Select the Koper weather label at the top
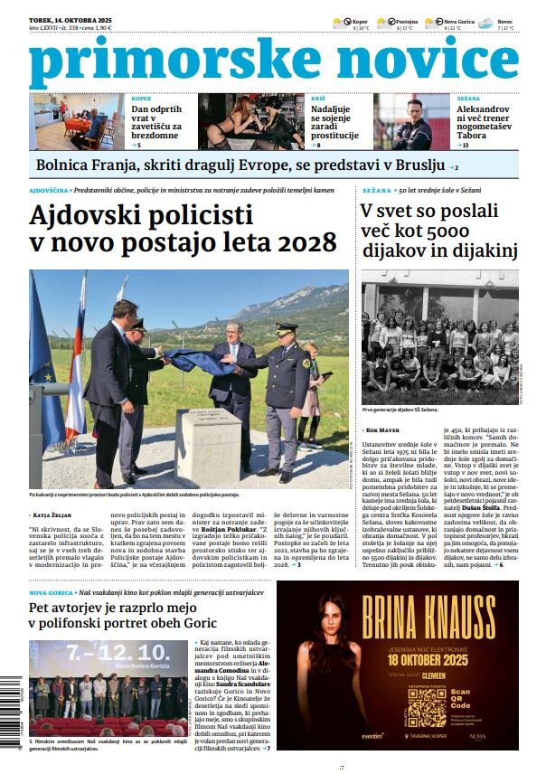coord(360,20)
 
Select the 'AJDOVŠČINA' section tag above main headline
coord(49,191)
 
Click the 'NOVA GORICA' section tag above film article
coord(51,592)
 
